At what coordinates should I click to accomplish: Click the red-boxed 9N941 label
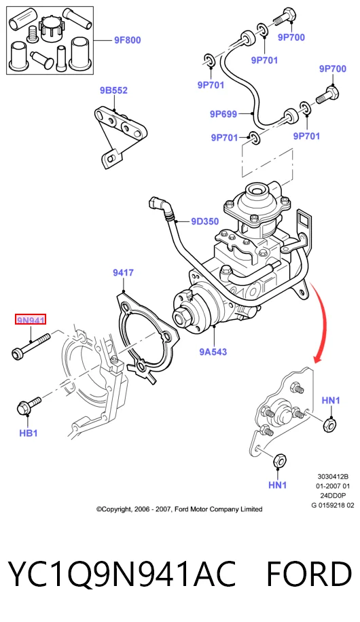31,319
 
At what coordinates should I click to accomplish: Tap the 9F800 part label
128,40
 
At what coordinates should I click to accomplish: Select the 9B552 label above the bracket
113,90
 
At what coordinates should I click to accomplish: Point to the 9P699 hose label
223,114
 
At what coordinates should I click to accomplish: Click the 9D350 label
205,221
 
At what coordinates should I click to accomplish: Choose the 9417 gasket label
123,272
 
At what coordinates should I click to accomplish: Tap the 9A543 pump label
213,352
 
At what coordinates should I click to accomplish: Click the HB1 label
29,433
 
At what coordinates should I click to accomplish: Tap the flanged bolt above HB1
29,406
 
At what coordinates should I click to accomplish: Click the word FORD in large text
308,574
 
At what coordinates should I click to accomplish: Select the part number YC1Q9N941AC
122,574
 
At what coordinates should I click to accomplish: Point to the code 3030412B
333,477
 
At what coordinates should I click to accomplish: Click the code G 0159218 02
333,505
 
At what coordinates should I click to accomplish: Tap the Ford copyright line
179,509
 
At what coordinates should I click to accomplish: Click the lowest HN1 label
277,485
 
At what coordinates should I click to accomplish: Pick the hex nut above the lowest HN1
279,461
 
